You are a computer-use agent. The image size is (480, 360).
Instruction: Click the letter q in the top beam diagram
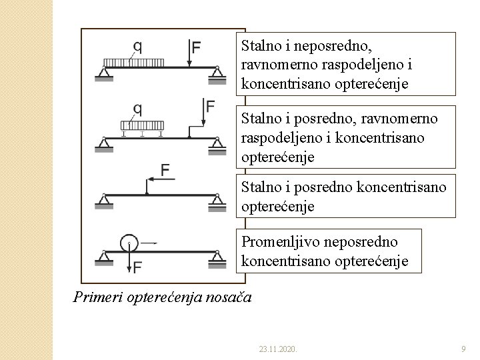[x=137, y=47]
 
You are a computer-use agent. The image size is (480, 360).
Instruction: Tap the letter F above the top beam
[x=195, y=47]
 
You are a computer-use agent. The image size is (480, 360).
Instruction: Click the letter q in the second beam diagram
[x=137, y=107]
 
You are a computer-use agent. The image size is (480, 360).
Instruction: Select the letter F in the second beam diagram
[x=210, y=107]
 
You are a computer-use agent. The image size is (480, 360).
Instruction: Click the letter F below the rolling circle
[x=137, y=267]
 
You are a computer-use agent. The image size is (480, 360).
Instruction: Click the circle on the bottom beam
[x=129, y=241]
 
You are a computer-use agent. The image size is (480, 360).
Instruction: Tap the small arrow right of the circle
[x=150, y=243]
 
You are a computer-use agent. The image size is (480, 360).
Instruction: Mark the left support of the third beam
[x=105, y=199]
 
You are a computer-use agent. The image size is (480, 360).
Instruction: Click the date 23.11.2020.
[x=277, y=349]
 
